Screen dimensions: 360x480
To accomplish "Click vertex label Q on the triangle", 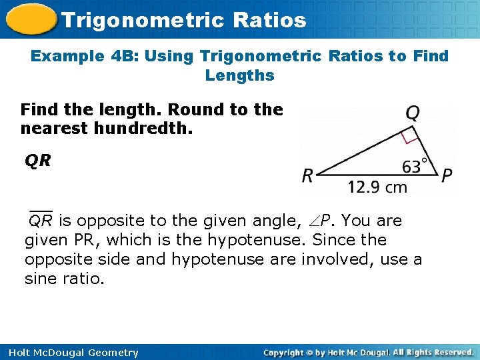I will (x=413, y=113).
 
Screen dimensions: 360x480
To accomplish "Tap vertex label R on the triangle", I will (x=308, y=176).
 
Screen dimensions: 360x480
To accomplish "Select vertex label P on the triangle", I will (x=447, y=175).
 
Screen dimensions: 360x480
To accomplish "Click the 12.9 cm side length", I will (x=377, y=187).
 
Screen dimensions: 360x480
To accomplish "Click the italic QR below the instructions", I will (x=38, y=160).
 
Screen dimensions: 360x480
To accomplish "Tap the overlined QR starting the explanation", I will (x=41, y=220).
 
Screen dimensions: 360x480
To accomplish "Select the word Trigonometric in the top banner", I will (x=141, y=20).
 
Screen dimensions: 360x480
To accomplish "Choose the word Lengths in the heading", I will (x=240, y=75).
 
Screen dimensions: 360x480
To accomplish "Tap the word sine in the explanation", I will (x=41, y=279).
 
